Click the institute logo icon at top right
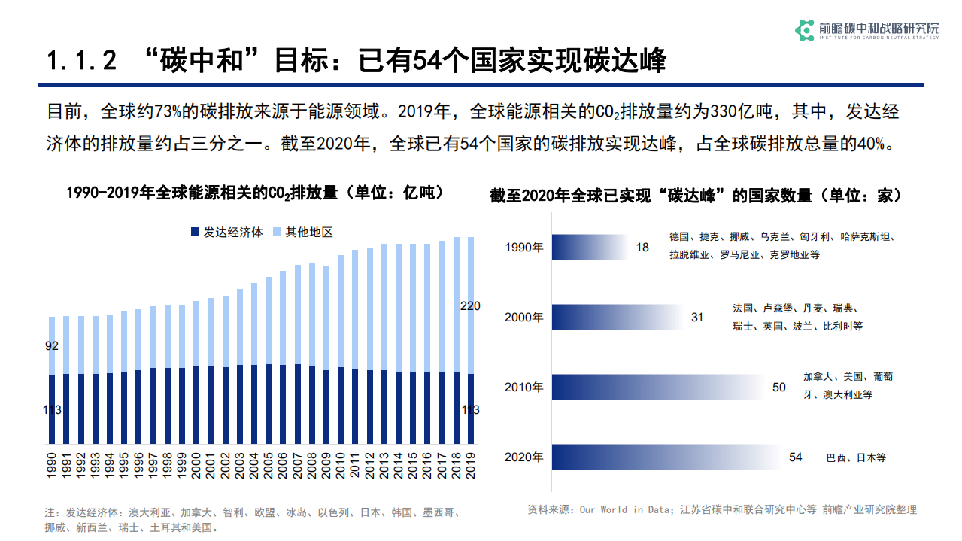tap(805, 30)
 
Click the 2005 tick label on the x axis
tap(269, 464)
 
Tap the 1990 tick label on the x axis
tap(52, 464)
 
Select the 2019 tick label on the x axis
tap(472, 464)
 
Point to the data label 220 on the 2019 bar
tap(471, 305)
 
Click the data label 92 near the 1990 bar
tap(52, 346)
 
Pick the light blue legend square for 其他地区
tap(278, 233)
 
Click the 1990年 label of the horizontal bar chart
tap(523, 247)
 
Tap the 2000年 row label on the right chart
tap(523, 317)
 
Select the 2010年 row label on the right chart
tap(523, 388)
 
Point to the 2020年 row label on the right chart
tap(523, 457)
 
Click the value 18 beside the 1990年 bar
tap(642, 247)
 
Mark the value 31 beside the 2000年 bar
tap(697, 317)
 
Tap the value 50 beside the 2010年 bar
tap(779, 388)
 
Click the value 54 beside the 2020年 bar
tap(796, 457)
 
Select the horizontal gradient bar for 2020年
tap(666, 457)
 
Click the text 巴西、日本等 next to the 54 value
tap(856, 457)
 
